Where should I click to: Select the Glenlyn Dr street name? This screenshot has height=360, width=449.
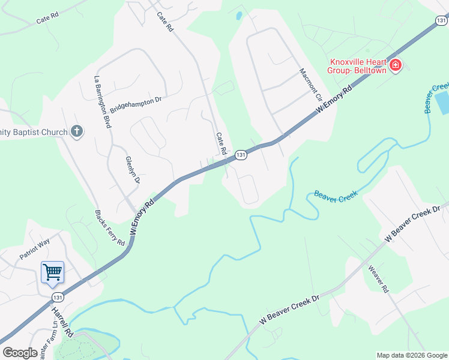coord(132,170)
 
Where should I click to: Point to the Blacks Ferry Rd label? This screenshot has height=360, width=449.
coord(110,228)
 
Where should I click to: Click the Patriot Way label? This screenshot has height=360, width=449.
coord(35,250)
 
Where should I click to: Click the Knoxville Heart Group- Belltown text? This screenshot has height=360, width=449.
coord(356,65)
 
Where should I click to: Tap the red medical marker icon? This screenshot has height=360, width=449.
coord(396,65)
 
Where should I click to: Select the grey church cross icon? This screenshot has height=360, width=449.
coord(76,131)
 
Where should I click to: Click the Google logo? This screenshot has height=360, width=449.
coord(20,353)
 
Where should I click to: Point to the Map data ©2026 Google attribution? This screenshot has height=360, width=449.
coord(412,355)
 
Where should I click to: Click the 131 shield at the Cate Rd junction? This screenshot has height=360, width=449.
coord(241,155)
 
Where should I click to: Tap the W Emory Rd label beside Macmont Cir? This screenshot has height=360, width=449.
coord(334,101)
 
